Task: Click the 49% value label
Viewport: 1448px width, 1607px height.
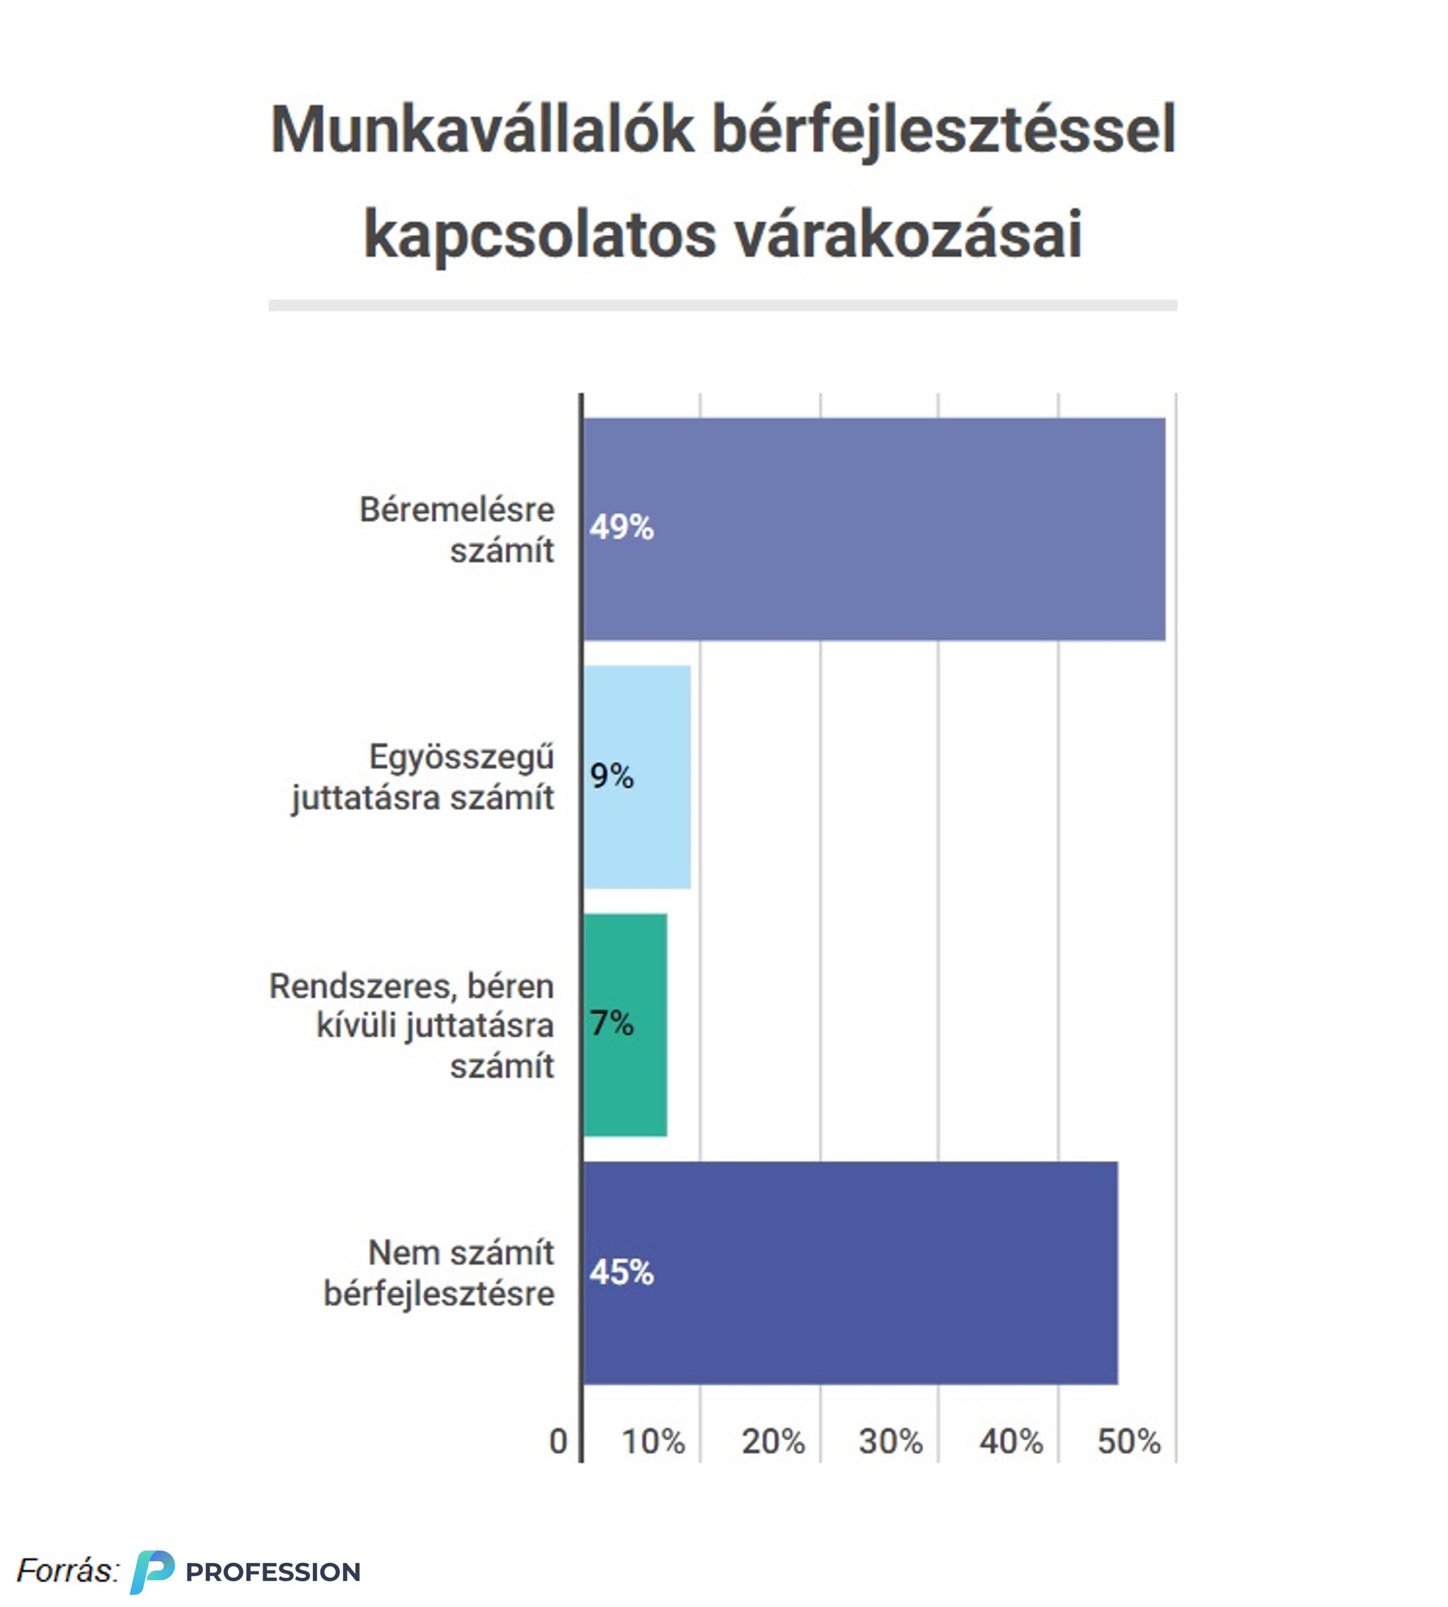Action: [x=621, y=527]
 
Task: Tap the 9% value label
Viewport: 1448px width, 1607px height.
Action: [x=611, y=776]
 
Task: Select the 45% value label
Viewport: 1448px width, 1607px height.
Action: [x=621, y=1272]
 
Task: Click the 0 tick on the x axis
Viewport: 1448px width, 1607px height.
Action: [x=558, y=1441]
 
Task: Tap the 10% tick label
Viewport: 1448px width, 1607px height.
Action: [x=653, y=1441]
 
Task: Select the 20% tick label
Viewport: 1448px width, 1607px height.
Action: [x=773, y=1441]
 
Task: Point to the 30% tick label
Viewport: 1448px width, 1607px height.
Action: [x=890, y=1441]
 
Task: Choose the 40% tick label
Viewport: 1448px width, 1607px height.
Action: [x=1011, y=1441]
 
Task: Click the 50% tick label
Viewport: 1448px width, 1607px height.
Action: [x=1129, y=1441]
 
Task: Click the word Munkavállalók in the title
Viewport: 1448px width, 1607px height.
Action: [x=482, y=129]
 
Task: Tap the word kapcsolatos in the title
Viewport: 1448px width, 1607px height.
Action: [x=539, y=235]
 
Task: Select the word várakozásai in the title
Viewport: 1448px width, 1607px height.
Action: [x=908, y=235]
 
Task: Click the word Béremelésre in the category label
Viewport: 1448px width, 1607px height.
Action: [x=456, y=510]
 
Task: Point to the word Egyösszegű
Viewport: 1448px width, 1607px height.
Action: [x=461, y=756]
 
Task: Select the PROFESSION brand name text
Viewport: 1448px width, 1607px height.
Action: [x=273, y=1572]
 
